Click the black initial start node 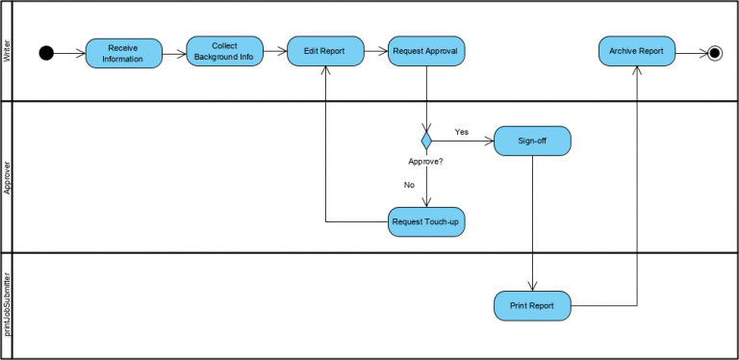(46, 52)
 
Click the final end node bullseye (714, 52)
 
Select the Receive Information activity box (124, 53)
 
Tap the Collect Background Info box (224, 51)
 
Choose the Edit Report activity (325, 51)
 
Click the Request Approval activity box (426, 51)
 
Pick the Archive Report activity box (636, 51)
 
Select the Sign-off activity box (532, 141)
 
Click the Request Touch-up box (426, 221)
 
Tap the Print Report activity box (532, 306)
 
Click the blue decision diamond (426, 141)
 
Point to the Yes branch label (462, 131)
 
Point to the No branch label (409, 184)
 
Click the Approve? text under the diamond (426, 162)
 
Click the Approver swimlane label (8, 177)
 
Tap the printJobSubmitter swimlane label (8, 305)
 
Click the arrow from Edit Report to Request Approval (376, 52)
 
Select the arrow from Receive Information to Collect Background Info (174, 53)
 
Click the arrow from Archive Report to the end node (690, 52)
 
